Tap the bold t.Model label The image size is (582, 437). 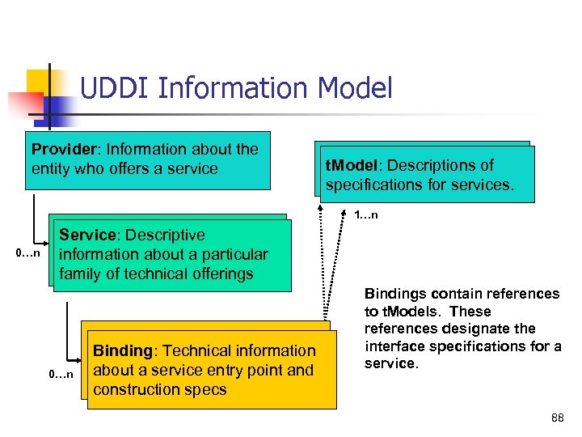pyautogui.click(x=353, y=165)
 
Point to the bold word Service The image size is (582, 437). pyautogui.click(x=87, y=235)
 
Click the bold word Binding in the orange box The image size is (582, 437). pyautogui.click(x=123, y=350)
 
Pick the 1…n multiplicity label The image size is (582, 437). pyautogui.click(x=366, y=215)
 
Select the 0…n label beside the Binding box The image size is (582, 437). pyautogui.click(x=61, y=374)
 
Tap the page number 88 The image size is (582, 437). pyautogui.click(x=557, y=418)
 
